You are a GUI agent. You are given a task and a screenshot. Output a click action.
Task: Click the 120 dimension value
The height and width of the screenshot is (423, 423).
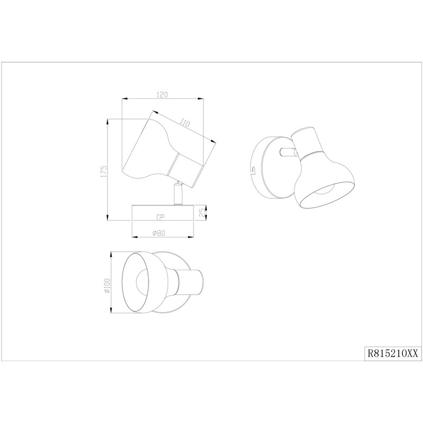[x=162, y=95]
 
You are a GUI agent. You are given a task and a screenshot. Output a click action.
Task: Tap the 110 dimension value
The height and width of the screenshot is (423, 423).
[x=185, y=123]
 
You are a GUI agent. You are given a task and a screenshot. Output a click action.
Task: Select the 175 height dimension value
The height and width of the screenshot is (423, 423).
[x=104, y=171]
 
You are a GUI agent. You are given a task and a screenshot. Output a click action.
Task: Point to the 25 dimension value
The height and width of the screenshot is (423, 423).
[x=202, y=214]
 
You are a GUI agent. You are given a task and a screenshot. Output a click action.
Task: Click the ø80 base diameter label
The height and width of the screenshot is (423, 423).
[x=159, y=233]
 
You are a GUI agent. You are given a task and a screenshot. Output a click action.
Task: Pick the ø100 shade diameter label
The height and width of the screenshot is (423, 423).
[x=107, y=286]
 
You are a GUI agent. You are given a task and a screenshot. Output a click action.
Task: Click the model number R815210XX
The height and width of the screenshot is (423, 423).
[x=393, y=353]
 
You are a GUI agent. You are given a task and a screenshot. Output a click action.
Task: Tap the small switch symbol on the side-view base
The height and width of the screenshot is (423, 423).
[x=161, y=216]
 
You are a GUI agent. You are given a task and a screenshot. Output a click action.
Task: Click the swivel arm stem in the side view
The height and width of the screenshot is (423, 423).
[x=178, y=193]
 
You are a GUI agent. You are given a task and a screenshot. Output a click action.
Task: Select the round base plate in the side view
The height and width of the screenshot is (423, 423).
[x=163, y=213]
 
